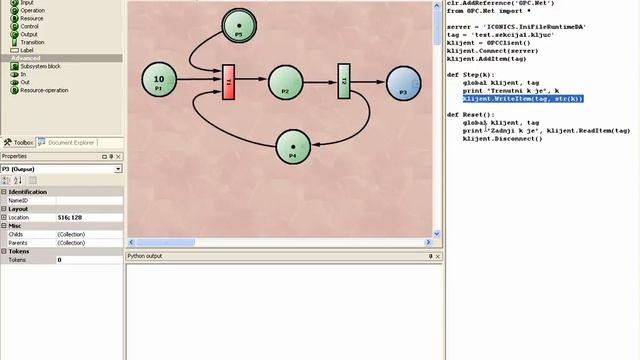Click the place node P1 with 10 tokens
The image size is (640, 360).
(x=159, y=82)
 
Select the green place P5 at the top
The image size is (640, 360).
(x=239, y=27)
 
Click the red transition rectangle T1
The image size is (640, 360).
(x=229, y=81)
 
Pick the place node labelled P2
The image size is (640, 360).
(x=286, y=82)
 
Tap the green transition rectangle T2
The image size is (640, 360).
(x=343, y=81)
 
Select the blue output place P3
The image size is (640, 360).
(x=403, y=84)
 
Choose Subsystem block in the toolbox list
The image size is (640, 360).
(x=39, y=66)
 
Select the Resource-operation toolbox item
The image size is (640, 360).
(x=44, y=90)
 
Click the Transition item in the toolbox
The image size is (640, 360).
(x=32, y=42)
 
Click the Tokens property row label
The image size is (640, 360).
(x=18, y=259)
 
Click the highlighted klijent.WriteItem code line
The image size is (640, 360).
(x=522, y=99)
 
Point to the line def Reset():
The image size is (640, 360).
(x=471, y=115)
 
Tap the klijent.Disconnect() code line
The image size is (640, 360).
(x=502, y=138)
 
